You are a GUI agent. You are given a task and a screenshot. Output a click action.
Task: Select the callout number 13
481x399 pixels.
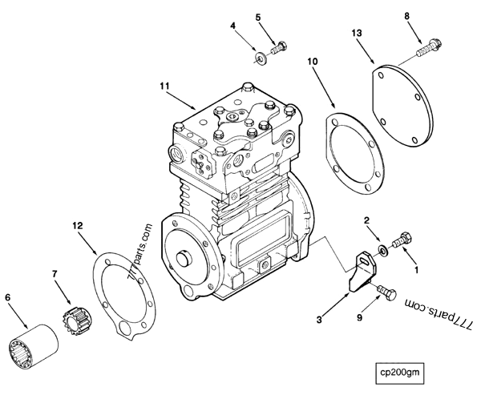(x=358, y=32)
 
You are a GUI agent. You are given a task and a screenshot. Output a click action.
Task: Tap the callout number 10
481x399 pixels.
(x=313, y=60)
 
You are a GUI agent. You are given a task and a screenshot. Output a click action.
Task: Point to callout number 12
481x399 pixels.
(x=78, y=227)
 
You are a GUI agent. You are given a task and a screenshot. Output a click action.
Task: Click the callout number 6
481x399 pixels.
(x=9, y=297)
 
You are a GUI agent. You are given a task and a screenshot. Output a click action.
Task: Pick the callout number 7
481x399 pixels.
(x=55, y=275)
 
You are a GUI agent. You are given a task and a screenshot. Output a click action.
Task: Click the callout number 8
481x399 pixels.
(x=407, y=15)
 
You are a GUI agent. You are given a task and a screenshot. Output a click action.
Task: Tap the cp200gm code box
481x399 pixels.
(x=402, y=372)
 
